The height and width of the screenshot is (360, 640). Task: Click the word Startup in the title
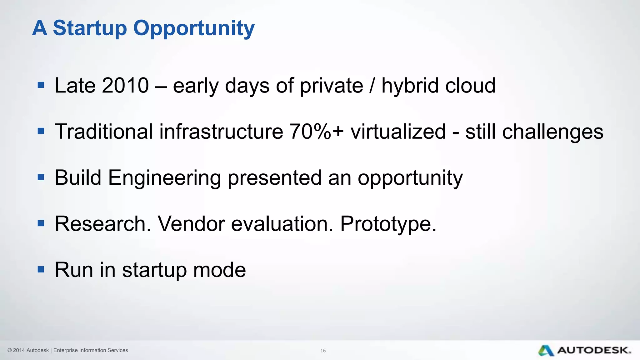(90, 28)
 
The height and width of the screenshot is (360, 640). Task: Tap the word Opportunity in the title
(194, 29)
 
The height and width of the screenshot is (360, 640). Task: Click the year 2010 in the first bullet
(125, 85)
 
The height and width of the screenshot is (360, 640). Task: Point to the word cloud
(470, 85)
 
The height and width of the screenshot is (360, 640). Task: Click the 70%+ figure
(316, 131)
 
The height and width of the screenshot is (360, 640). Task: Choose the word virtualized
(398, 131)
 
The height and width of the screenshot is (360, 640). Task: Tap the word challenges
(552, 132)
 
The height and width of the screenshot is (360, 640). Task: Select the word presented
(274, 177)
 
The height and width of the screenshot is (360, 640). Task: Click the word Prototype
(388, 224)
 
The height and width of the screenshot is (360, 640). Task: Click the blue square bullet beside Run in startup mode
(41, 269)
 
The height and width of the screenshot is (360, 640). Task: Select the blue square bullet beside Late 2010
(41, 85)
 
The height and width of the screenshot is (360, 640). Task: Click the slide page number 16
(323, 351)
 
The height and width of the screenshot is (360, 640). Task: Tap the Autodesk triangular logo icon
(546, 351)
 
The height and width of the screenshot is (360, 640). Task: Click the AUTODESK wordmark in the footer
(594, 350)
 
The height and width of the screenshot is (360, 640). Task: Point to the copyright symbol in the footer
(10, 350)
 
